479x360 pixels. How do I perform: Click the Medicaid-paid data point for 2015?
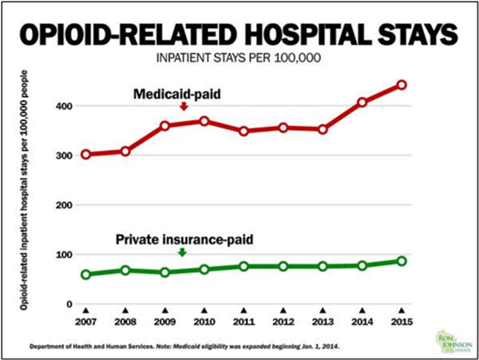click(402, 85)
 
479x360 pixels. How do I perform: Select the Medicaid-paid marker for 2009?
click(165, 126)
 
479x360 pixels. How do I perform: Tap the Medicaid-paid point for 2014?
click(362, 103)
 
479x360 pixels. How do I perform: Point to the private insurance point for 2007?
click(86, 275)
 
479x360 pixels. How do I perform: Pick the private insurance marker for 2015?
click(402, 261)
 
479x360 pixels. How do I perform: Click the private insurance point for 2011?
click(244, 266)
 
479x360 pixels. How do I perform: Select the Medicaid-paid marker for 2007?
click(86, 154)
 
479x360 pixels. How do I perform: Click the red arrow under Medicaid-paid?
click(184, 106)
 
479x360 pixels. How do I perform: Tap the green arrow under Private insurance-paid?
click(182, 252)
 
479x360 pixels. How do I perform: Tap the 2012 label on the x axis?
click(283, 322)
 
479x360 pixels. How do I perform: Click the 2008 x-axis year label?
click(125, 322)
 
